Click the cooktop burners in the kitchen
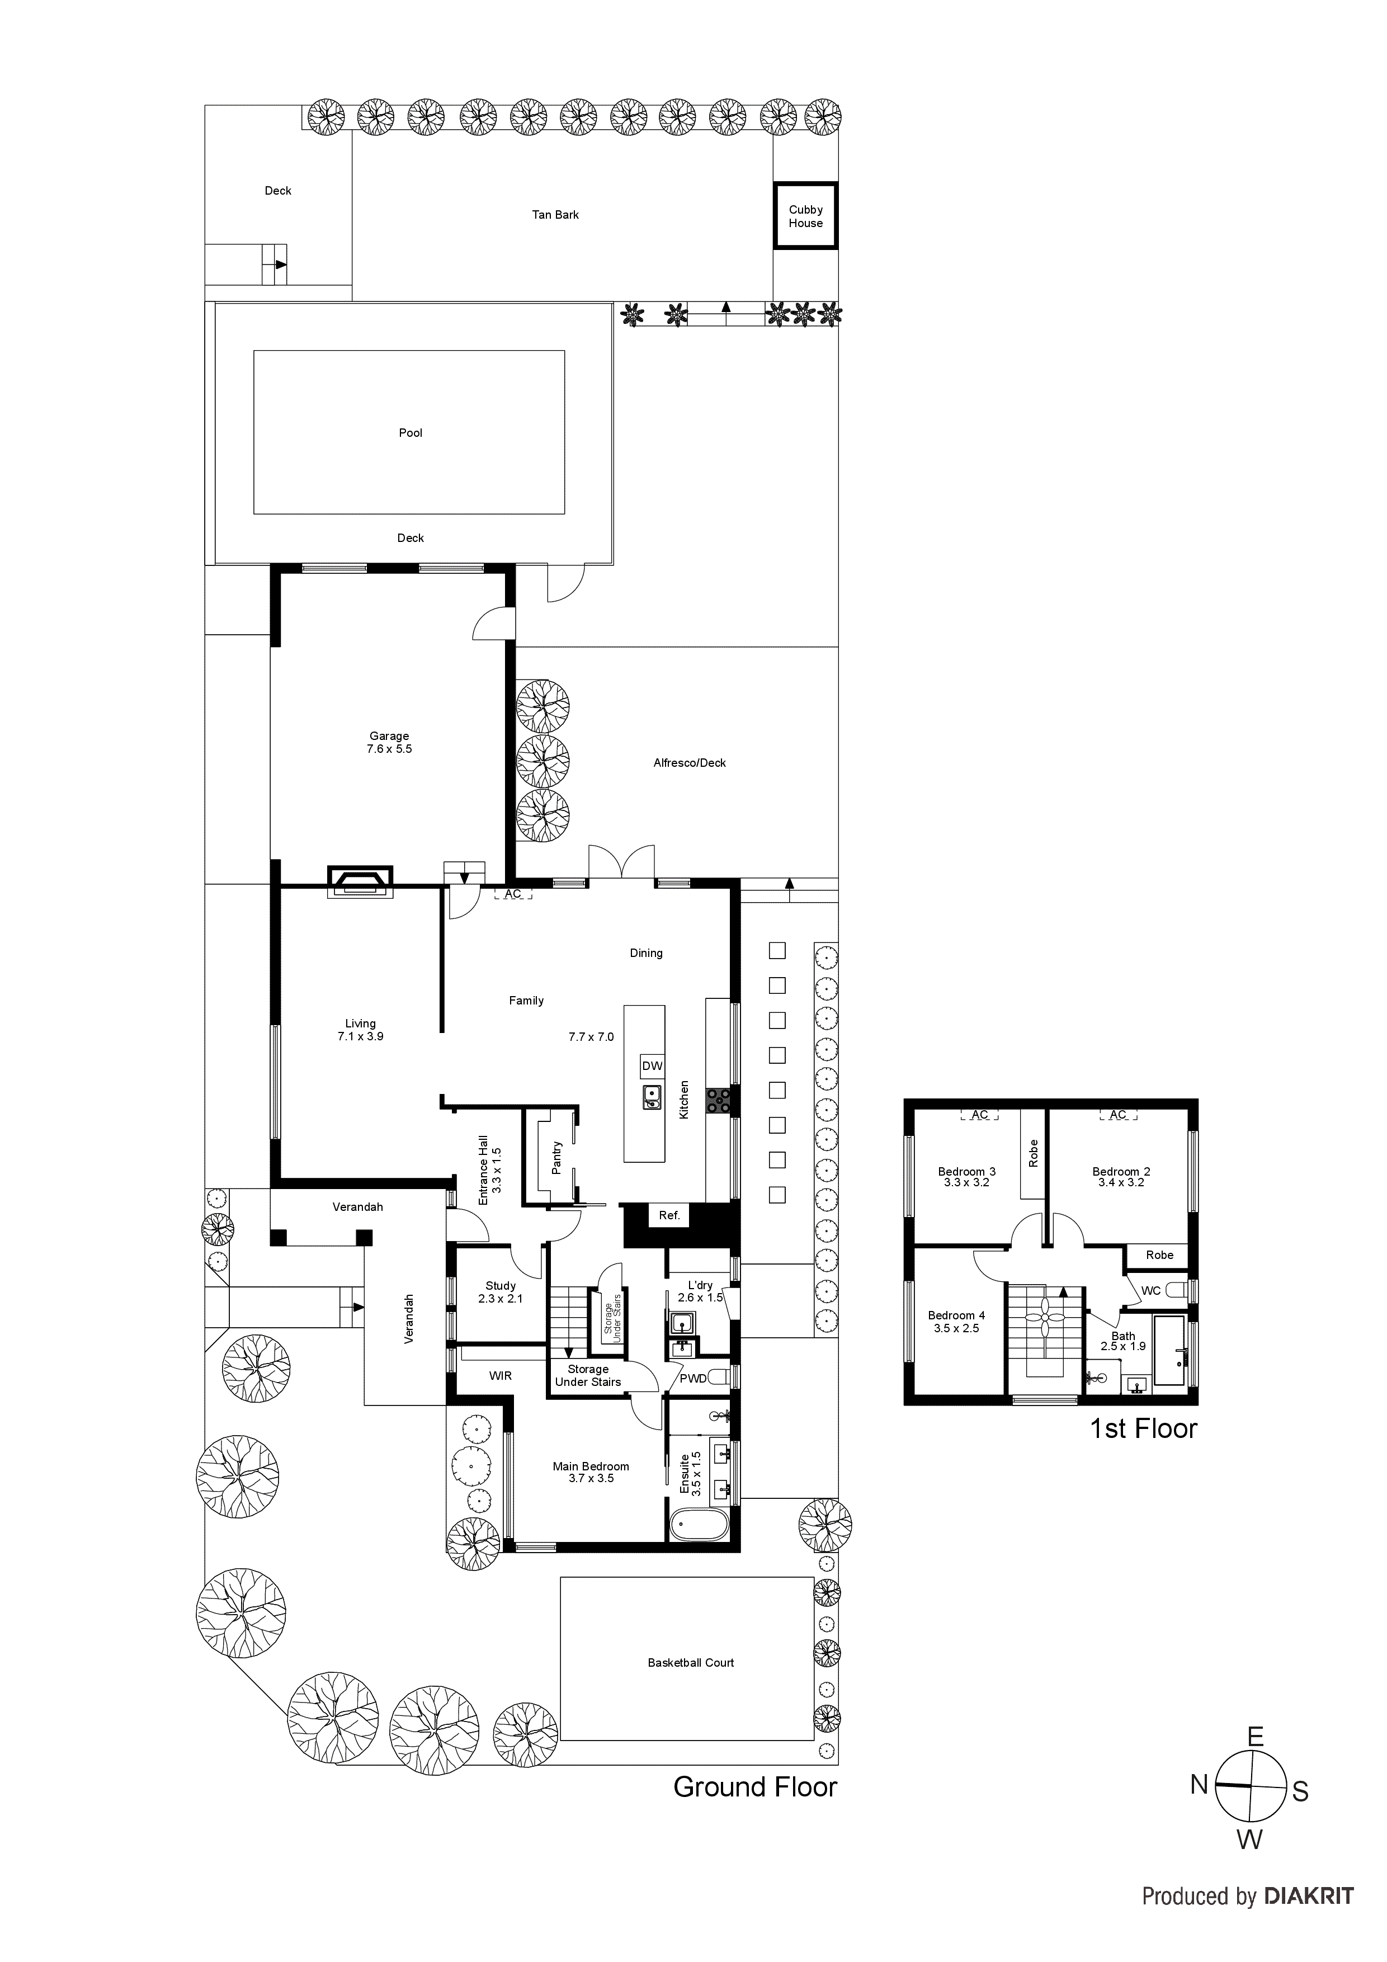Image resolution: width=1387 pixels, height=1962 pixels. point(718,1101)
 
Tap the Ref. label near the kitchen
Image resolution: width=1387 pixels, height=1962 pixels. point(669,1215)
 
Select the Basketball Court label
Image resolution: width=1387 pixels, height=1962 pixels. point(691,1663)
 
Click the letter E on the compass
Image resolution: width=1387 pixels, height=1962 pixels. point(1254,1737)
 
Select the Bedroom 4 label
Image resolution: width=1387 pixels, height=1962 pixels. point(956,1321)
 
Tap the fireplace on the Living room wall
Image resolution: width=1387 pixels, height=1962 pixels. point(360,882)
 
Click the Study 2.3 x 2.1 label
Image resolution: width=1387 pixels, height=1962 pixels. point(500,1292)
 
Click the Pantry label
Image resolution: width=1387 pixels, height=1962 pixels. point(556,1158)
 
